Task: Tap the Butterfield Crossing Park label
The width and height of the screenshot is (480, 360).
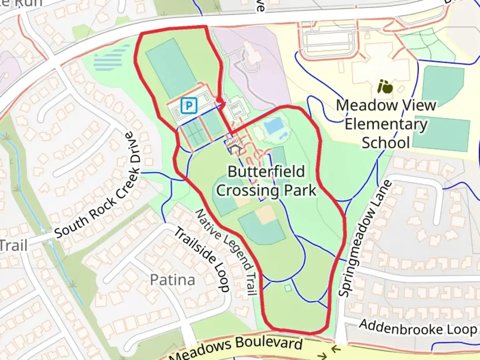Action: coord(266,181)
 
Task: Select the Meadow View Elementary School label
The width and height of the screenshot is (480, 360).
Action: coord(386,124)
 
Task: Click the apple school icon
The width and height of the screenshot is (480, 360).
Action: coord(385,87)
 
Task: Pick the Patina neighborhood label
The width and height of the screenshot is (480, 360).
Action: coord(172,280)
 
